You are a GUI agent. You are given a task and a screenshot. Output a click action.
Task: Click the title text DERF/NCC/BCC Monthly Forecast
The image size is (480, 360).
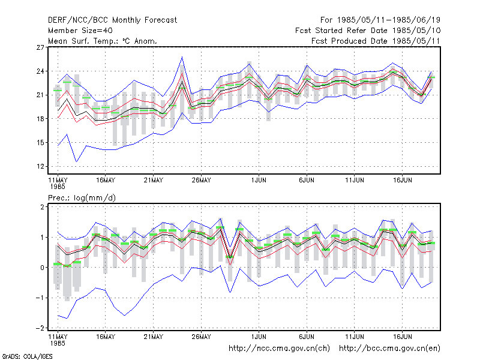click(112, 20)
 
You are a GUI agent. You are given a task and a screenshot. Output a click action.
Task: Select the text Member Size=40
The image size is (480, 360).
click(80, 31)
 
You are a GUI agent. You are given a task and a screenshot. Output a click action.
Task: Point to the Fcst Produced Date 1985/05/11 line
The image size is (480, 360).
click(376, 41)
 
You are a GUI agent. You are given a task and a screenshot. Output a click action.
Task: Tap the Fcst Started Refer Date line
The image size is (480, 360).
click(368, 31)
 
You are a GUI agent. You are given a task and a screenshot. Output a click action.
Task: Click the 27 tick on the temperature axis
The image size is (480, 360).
click(40, 47)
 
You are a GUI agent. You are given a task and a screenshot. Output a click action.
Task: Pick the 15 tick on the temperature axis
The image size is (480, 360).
click(40, 143)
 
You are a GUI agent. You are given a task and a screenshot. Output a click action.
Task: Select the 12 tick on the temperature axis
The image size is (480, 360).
click(40, 167)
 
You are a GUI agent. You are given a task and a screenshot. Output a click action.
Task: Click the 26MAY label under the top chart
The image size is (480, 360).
click(201, 181)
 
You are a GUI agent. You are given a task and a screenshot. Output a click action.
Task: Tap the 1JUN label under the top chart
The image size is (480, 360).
click(259, 181)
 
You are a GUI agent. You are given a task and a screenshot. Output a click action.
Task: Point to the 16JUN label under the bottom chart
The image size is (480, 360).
click(402, 337)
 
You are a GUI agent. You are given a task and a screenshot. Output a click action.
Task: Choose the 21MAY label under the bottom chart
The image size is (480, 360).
click(154, 337)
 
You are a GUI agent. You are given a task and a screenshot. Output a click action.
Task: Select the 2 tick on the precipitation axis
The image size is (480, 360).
click(42, 207)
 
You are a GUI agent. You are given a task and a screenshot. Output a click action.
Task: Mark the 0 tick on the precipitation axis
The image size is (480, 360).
click(42, 268)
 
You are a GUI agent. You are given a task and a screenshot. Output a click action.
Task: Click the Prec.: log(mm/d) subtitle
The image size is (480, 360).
click(82, 198)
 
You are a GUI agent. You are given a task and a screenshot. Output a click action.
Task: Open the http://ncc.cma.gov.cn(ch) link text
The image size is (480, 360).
click(279, 349)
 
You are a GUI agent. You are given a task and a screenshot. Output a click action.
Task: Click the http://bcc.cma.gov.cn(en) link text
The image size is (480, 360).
click(389, 349)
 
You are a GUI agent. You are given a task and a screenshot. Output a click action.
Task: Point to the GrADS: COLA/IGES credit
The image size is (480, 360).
click(27, 356)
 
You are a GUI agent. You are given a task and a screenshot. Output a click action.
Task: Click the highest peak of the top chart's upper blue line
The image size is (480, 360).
click(182, 57)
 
